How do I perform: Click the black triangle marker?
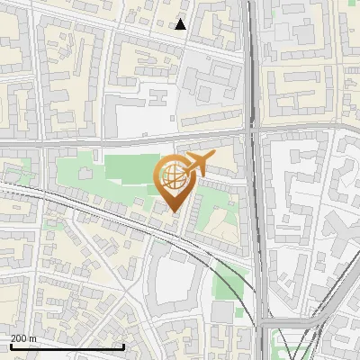pyautogui.click(x=181, y=24)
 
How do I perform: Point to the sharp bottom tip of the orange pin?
pyautogui.click(x=175, y=212)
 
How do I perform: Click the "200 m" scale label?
pyautogui.click(x=24, y=338)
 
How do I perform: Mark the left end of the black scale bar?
pyautogui.click(x=10, y=346)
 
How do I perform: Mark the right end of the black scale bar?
pyautogui.click(x=123, y=346)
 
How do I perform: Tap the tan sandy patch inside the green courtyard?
pyautogui.click(x=225, y=234)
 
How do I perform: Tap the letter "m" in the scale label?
pyautogui.click(x=33, y=338)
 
